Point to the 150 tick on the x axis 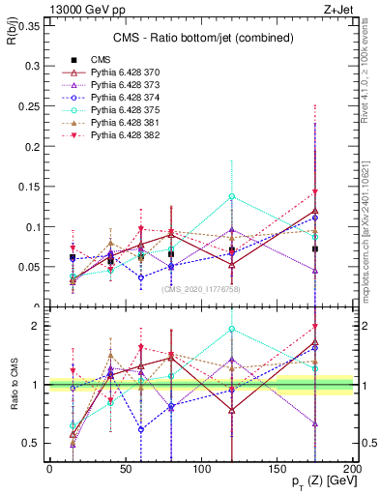point(278,468)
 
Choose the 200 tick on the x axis point(353,468)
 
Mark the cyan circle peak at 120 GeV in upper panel point(232,196)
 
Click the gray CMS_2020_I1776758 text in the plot point(200,288)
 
